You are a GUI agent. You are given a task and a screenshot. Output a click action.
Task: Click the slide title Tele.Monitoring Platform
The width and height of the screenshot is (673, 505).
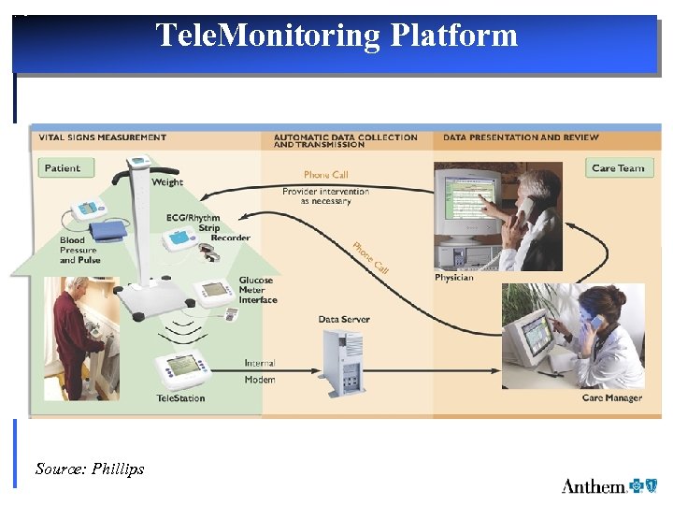click(336, 36)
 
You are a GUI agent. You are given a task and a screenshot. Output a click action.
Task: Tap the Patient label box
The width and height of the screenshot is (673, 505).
click(63, 168)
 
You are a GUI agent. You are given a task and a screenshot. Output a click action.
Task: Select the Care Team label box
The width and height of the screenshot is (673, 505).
click(618, 168)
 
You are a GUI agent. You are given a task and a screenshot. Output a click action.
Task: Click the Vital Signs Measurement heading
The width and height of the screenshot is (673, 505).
click(103, 137)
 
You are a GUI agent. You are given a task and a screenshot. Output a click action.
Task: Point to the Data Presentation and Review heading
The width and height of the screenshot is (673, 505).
click(521, 137)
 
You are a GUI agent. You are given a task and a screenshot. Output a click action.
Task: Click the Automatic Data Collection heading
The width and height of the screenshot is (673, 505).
click(345, 141)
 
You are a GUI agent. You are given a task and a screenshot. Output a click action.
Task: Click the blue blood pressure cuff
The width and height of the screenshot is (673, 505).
click(105, 230)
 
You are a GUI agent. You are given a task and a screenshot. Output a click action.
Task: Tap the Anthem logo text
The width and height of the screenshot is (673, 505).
click(594, 485)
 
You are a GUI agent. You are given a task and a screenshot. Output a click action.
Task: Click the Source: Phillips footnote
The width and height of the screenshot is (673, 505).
click(90, 469)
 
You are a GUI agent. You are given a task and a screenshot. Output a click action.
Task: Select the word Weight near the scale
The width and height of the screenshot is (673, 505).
click(167, 182)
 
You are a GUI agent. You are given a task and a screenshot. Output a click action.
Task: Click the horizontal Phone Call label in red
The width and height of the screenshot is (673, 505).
click(325, 175)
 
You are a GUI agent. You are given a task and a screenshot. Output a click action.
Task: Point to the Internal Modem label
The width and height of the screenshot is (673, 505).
click(260, 371)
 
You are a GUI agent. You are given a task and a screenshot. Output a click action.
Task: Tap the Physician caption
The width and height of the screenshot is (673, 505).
click(454, 278)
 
